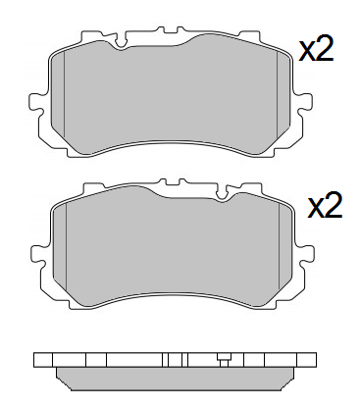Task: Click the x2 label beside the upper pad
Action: pos(316,50)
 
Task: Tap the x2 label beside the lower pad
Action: pos(325,206)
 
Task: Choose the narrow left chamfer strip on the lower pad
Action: pos(57,247)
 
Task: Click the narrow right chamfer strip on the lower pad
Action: pos(290,247)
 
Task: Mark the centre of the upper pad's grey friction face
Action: pos(173,98)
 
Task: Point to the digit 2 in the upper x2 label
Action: pos(325,50)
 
